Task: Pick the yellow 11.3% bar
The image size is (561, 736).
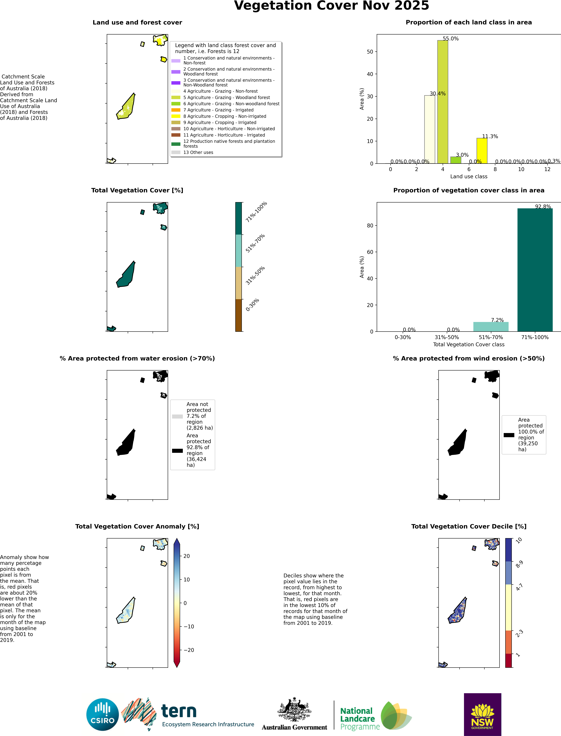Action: point(482,151)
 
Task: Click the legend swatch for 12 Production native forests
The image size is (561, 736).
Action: point(176,144)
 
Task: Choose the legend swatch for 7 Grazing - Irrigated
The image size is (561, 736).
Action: point(176,110)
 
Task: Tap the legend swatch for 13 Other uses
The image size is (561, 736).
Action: point(176,152)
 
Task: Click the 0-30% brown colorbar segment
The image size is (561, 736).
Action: point(238,315)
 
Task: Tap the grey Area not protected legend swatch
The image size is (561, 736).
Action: point(177,416)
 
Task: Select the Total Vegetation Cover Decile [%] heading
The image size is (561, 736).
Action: point(468,526)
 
